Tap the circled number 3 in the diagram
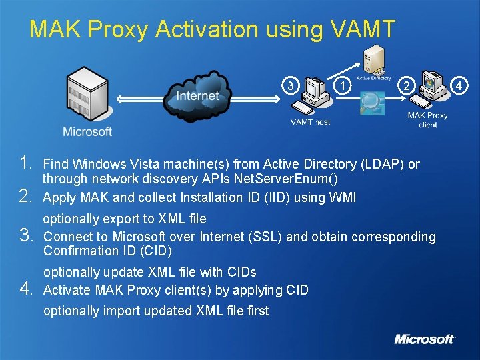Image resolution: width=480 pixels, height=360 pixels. pyautogui.click(x=289, y=85)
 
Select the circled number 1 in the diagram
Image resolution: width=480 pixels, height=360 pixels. pyautogui.click(x=342, y=85)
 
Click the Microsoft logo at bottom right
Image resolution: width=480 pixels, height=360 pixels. pyautogui.click(x=424, y=339)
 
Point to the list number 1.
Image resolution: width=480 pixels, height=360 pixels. pyautogui.click(x=27, y=163)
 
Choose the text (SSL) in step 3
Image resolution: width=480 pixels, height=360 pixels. pyautogui.click(x=263, y=237)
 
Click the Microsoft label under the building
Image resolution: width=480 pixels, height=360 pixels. pyautogui.click(x=87, y=131)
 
